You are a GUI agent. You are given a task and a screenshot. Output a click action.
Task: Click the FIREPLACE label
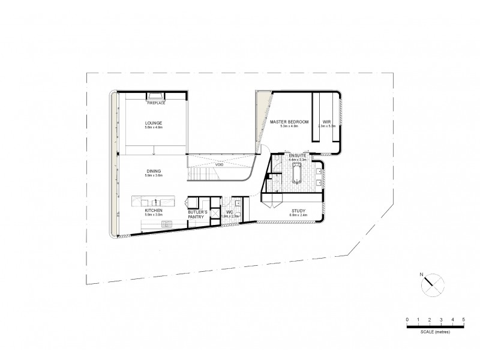point(156,103)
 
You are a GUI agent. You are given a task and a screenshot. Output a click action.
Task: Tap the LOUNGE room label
point(154,123)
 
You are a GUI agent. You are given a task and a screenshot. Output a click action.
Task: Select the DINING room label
point(154,171)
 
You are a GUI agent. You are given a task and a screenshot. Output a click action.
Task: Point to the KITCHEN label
point(154,211)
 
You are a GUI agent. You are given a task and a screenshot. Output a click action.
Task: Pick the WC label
point(229,212)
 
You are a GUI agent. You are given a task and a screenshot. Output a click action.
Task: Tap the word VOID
point(219,164)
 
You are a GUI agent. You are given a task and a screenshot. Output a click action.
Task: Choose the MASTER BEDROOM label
point(289,122)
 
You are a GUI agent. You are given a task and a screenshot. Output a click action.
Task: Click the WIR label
point(327,122)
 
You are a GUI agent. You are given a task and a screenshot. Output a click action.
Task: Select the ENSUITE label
point(298,155)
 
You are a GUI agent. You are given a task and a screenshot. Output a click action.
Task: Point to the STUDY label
point(298,211)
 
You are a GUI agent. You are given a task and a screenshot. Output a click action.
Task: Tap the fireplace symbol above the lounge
point(156,95)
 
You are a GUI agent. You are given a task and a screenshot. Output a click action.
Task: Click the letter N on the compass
point(422,275)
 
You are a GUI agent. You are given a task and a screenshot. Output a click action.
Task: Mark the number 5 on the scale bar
point(464,319)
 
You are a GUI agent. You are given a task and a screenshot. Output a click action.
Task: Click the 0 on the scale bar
point(407,319)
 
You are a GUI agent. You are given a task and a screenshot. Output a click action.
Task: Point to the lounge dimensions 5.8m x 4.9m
point(154,128)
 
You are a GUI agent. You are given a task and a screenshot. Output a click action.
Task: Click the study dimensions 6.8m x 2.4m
point(298,216)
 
